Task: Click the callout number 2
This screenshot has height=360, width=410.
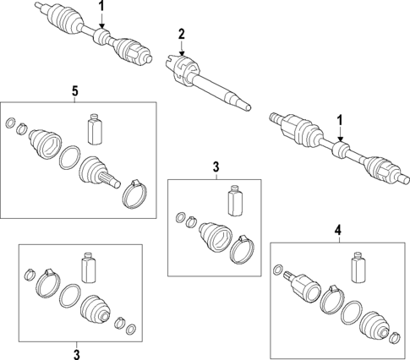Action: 181,34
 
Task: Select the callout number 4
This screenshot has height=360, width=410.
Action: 338,230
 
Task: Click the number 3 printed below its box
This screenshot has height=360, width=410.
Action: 77,354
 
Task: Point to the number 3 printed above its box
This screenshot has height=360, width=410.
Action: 216,166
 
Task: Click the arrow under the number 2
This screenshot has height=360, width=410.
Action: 182,48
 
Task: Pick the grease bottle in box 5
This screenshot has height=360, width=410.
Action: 95,129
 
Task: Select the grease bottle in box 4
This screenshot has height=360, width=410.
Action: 358,267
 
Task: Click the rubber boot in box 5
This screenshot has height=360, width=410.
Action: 45,144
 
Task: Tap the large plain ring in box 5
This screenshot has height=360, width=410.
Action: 69,157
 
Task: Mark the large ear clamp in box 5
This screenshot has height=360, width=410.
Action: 135,194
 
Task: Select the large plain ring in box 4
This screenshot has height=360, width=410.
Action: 352,313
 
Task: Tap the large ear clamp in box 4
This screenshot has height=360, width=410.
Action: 333,299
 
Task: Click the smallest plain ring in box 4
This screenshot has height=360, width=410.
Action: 277,270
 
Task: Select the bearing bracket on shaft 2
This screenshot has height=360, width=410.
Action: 183,69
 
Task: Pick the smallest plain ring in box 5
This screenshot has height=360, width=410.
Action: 10,123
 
